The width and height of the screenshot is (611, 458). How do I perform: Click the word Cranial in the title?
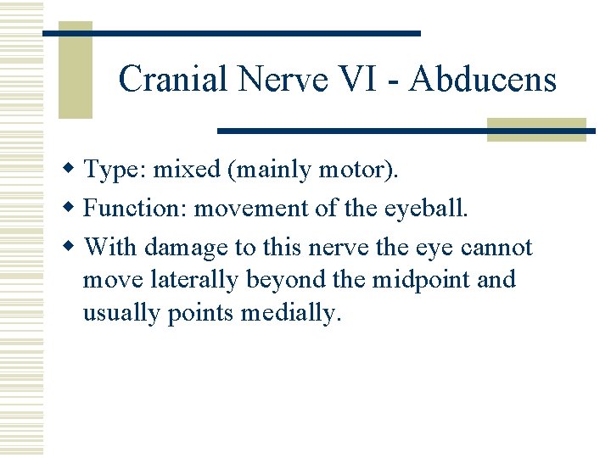click(x=174, y=80)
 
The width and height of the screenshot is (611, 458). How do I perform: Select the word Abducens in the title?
click(x=481, y=80)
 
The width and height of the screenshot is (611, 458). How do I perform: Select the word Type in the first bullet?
click(x=117, y=170)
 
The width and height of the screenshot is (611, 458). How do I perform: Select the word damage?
click(x=186, y=248)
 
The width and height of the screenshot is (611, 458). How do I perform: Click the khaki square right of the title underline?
click(x=536, y=129)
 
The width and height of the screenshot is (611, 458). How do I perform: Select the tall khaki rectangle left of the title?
click(x=74, y=70)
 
